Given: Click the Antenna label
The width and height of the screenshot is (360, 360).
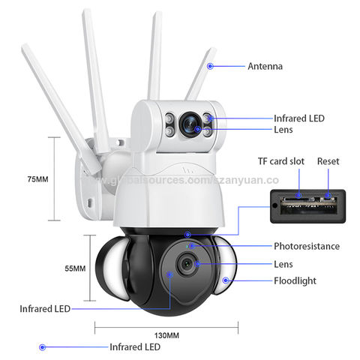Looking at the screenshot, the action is pyautogui.click(x=265, y=66).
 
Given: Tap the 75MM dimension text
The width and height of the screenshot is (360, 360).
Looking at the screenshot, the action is pyautogui.click(x=37, y=179).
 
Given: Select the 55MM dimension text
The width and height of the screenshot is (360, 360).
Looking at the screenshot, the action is pyautogui.click(x=75, y=268).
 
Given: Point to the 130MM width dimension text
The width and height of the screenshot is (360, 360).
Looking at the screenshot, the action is pyautogui.click(x=166, y=335).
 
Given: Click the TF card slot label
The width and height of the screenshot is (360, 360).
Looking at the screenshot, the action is pyautogui.click(x=281, y=161).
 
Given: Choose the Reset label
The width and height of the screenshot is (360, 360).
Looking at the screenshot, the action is pyautogui.click(x=328, y=161).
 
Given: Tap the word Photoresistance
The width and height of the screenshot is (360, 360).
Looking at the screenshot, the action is pyautogui.click(x=307, y=246).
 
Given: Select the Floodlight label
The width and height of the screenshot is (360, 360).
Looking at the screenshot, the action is pyautogui.click(x=295, y=280).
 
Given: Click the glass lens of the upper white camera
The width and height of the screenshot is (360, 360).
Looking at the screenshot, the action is pyautogui.click(x=190, y=124).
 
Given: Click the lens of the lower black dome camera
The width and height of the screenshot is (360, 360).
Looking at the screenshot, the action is pyautogui.click(x=187, y=264).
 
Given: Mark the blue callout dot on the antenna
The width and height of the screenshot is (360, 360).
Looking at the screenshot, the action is pyautogui.click(x=210, y=66).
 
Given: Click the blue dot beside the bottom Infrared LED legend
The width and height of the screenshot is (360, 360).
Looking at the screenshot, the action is pyautogui.click(x=42, y=347).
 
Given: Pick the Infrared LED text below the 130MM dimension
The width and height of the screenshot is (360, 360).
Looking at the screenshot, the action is pyautogui.click(x=135, y=347).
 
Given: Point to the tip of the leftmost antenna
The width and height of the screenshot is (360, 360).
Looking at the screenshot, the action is pyautogui.click(x=24, y=45).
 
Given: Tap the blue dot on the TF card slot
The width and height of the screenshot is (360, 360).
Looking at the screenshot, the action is pyautogui.click(x=298, y=195).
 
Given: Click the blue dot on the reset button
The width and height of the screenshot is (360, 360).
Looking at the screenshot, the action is pyautogui.click(x=328, y=195).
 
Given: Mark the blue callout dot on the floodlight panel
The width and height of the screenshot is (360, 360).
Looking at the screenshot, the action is pyautogui.click(x=226, y=280).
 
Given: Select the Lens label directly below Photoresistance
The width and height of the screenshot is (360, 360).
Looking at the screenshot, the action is pyautogui.click(x=283, y=264).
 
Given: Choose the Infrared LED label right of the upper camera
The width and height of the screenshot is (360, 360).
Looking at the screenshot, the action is pyautogui.click(x=299, y=118).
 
